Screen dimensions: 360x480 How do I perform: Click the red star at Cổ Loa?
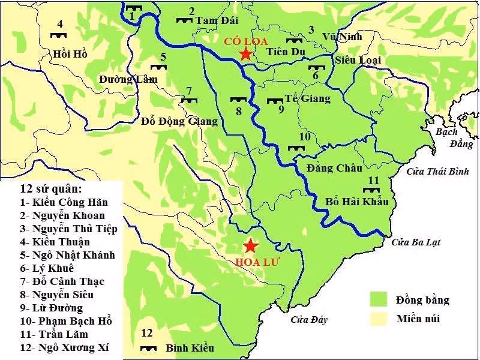(245, 54)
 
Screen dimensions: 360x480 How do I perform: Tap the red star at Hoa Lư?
(251, 246)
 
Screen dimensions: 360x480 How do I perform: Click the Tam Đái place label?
(215, 20)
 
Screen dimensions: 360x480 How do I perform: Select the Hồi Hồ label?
(70, 54)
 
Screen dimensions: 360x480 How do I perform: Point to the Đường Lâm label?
(128, 79)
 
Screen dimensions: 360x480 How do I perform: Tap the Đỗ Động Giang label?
(179, 121)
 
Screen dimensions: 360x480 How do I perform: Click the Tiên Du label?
(286, 51)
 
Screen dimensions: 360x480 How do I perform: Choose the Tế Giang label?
(307, 98)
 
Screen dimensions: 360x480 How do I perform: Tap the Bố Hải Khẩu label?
(357, 201)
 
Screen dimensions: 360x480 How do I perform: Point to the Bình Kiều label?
(190, 348)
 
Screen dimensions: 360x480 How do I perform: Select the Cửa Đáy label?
(309, 320)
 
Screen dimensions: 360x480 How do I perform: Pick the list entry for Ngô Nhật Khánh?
(66, 255)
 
